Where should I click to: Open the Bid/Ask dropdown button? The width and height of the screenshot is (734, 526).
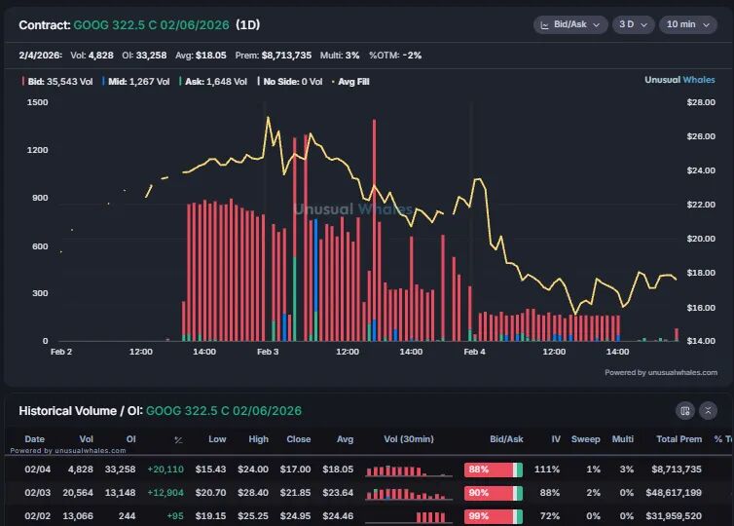tap(570, 24)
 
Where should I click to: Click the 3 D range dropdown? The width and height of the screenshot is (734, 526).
tap(633, 24)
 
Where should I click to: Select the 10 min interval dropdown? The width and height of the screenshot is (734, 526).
tap(687, 24)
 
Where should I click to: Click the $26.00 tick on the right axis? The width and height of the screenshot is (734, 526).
tap(701, 136)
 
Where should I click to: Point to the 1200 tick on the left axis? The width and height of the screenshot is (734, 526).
tap(37, 150)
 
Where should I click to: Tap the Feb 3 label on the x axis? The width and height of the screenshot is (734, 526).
tap(268, 352)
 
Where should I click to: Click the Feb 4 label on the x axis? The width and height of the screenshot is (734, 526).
tap(475, 352)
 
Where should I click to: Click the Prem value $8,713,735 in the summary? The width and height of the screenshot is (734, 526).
tap(286, 56)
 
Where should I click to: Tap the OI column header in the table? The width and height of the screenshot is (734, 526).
tap(131, 439)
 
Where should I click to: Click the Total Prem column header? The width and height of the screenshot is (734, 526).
tap(679, 439)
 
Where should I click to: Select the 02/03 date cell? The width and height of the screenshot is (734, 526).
tap(37, 492)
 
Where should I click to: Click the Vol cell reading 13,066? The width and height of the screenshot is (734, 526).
tap(78, 515)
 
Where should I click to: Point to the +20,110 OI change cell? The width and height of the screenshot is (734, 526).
tap(165, 469)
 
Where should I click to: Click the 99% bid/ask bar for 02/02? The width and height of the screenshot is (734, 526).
tap(494, 516)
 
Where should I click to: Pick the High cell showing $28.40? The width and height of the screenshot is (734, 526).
tap(253, 492)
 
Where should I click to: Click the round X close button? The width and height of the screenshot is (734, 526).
tap(708, 411)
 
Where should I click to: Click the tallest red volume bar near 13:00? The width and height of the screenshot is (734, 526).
tap(374, 230)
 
